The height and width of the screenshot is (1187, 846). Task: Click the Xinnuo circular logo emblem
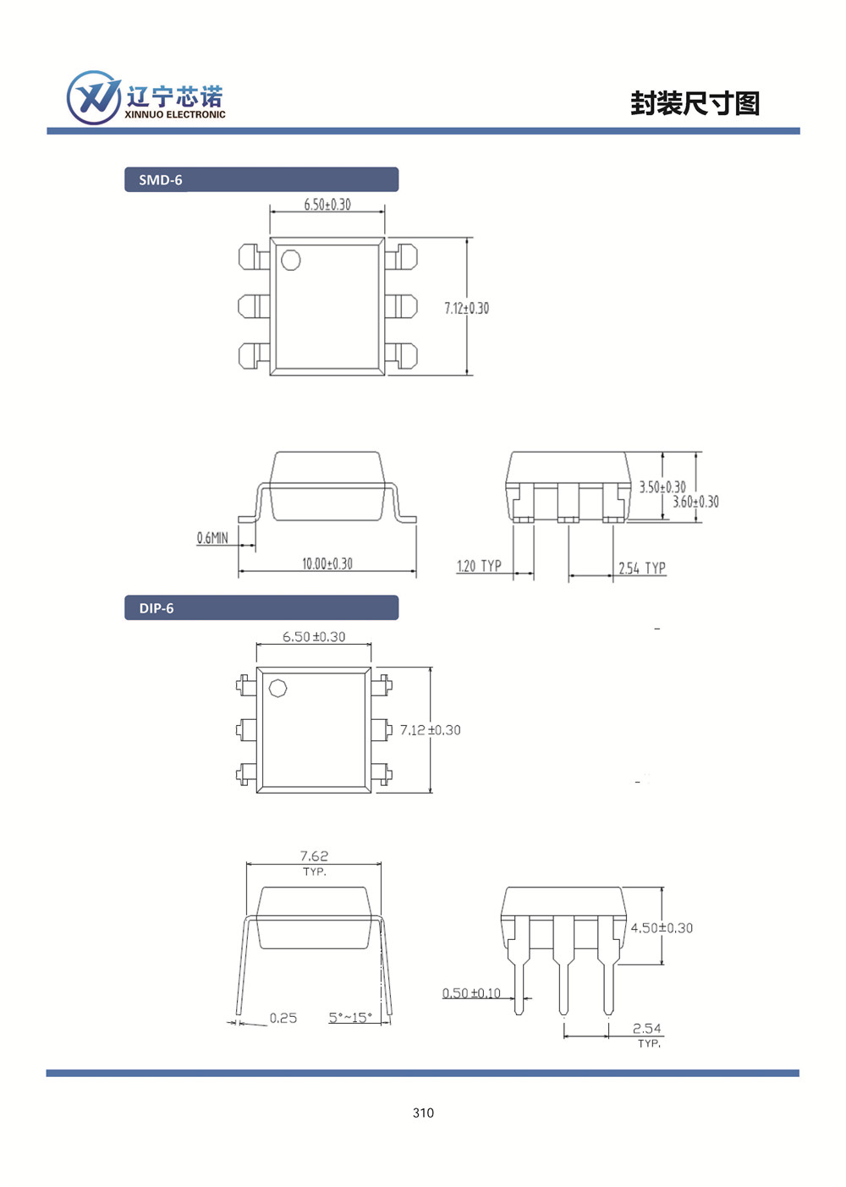pyautogui.click(x=94, y=98)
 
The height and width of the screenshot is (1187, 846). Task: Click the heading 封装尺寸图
pyautogui.click(x=695, y=103)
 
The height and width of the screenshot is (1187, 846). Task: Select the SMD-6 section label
pyautogui.click(x=160, y=180)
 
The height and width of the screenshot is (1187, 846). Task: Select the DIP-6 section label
pyautogui.click(x=157, y=608)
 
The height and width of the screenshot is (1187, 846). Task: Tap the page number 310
pyautogui.click(x=423, y=1113)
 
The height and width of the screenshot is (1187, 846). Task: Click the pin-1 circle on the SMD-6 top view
pyautogui.click(x=291, y=260)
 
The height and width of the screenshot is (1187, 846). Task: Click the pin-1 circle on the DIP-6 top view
pyautogui.click(x=277, y=689)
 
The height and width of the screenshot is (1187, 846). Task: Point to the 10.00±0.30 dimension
pyautogui.click(x=327, y=563)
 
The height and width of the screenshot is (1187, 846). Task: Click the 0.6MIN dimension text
pyautogui.click(x=212, y=538)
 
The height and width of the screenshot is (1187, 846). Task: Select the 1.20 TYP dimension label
pyautogui.click(x=479, y=566)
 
